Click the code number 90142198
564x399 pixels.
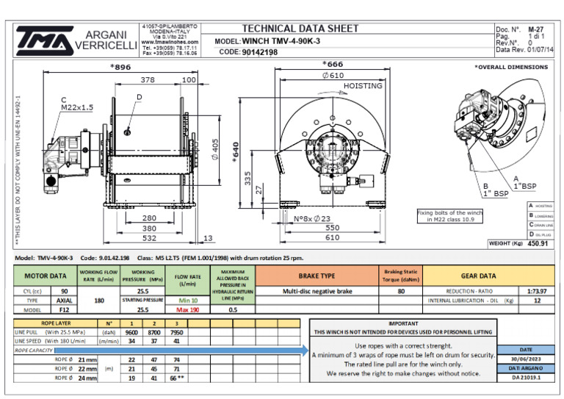tap(260, 52)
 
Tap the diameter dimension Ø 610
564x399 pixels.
tap(333, 75)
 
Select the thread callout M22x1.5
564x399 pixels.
tap(78, 107)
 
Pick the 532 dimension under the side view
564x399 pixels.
tap(148, 237)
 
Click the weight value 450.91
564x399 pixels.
tap(538, 243)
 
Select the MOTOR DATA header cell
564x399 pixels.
tap(46, 276)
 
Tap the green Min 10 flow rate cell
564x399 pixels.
tap(187, 301)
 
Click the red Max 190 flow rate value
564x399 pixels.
tap(187, 310)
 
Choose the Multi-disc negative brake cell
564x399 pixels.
tap(317, 291)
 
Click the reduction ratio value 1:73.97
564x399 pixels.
tap(535, 291)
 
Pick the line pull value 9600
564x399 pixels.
tap(132, 332)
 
